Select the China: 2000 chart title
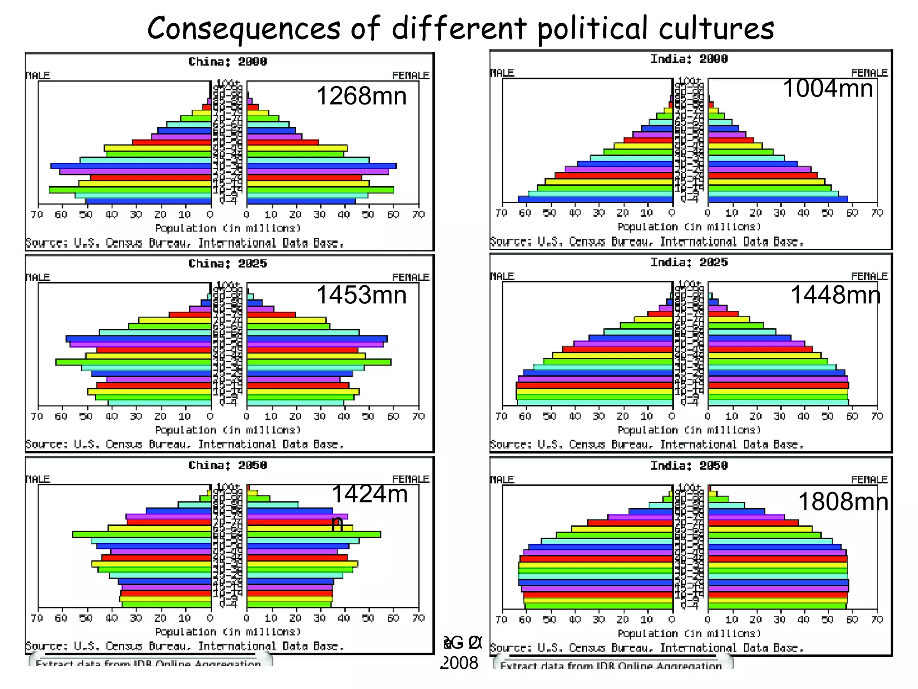(227, 61)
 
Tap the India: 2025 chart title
(689, 262)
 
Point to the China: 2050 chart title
(227, 465)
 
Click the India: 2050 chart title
(689, 466)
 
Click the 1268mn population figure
(361, 96)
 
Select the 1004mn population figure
(827, 88)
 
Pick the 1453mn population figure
(361, 295)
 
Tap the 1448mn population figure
(835, 295)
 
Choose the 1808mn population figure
(843, 501)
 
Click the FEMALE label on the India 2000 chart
(869, 73)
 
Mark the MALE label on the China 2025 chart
(38, 277)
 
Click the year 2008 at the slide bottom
(460, 663)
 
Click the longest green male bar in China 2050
(142, 534)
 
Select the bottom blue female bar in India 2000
(778, 199)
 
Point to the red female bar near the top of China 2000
(253, 107)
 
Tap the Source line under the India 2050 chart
(646, 648)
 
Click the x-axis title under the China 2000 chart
(228, 228)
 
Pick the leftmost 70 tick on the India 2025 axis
(501, 416)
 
